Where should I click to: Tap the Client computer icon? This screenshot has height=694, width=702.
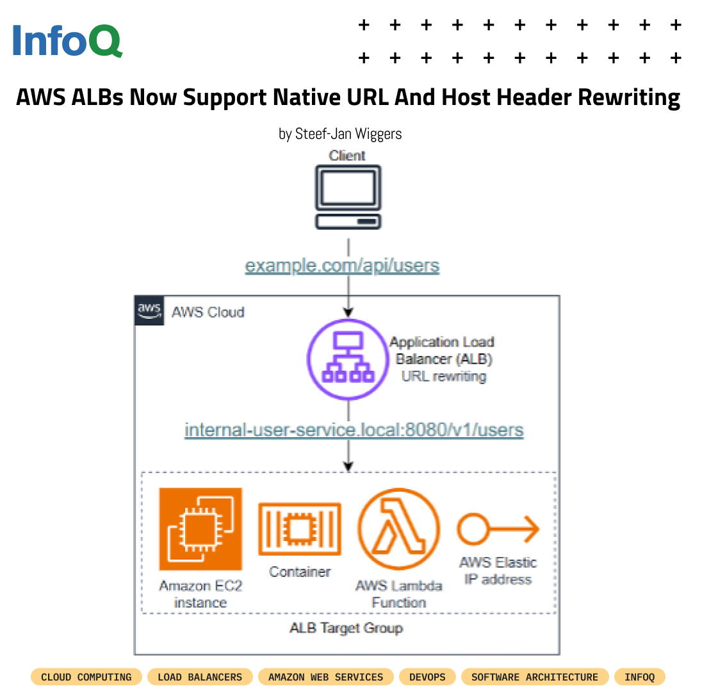pos(348,197)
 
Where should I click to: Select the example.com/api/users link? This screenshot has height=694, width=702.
pos(342,266)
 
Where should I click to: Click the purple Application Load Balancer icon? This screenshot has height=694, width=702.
pos(348,360)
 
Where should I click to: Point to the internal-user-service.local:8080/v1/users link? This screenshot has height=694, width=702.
pos(354,430)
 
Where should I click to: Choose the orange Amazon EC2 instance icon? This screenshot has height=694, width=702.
pos(200,529)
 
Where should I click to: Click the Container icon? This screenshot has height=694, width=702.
pos(299,529)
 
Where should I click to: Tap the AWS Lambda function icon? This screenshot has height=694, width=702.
pos(398,529)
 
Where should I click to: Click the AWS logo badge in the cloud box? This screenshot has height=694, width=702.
pos(149,311)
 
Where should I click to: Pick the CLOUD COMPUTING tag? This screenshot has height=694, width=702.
pos(86,677)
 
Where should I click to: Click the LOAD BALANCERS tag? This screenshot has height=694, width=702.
pos(200,677)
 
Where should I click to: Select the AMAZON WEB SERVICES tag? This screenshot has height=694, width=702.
pos(325,677)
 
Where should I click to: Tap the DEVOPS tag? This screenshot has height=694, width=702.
pos(427,677)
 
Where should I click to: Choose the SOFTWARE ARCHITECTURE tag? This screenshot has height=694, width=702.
pos(534,677)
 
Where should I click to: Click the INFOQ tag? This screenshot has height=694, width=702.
pos(639,677)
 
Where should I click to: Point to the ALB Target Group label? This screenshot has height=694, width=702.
pos(346,627)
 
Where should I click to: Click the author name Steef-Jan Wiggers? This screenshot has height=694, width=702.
pos(348,134)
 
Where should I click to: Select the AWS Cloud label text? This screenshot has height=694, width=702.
pos(208,312)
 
